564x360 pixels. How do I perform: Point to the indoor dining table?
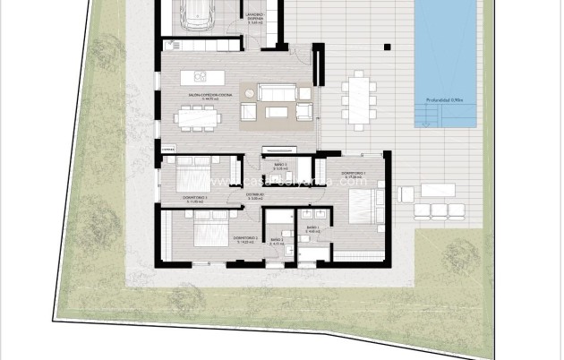pyautogui.click(x=198, y=116)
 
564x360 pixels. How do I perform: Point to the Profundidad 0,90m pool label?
pyautogui.click(x=442, y=99)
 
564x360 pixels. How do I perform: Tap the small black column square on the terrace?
pyautogui.click(x=387, y=46)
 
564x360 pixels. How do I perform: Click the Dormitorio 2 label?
pyautogui.click(x=245, y=238)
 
